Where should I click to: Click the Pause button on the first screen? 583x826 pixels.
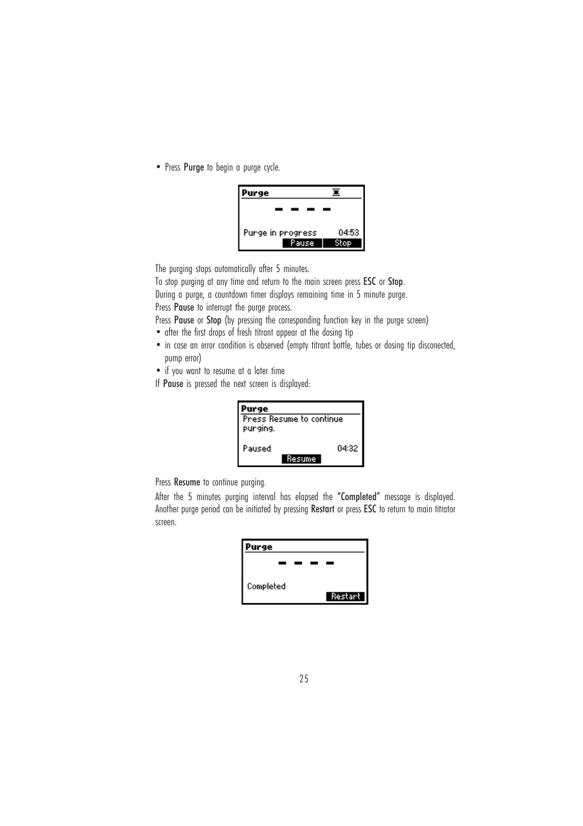[x=302, y=243]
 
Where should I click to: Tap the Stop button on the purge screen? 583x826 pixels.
[x=343, y=243]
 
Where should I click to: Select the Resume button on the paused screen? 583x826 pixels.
[x=301, y=459]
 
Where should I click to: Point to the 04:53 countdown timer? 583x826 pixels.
[x=348, y=233]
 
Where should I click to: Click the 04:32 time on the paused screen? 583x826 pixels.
[x=347, y=449]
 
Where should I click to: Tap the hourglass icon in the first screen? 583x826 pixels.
[x=336, y=193]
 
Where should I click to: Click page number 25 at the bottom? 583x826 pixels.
[x=304, y=679]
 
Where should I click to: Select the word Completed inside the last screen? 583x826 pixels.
[x=266, y=586]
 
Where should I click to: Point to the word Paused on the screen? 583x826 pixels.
[x=257, y=449]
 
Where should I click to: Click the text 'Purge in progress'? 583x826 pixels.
[x=280, y=233]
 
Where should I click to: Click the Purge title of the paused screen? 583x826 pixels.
[x=254, y=409]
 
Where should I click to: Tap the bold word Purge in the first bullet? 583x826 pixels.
[x=194, y=168]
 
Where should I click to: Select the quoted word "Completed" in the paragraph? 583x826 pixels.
[x=359, y=497]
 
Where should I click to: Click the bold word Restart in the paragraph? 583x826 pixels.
[x=322, y=509]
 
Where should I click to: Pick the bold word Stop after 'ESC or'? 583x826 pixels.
[x=395, y=282]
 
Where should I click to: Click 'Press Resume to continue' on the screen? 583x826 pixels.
[x=293, y=419]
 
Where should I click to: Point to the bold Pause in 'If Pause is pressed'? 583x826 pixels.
[x=173, y=384]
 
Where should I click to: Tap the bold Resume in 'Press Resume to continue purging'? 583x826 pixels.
[x=187, y=482]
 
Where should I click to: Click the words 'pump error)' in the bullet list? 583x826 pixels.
[x=183, y=358]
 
